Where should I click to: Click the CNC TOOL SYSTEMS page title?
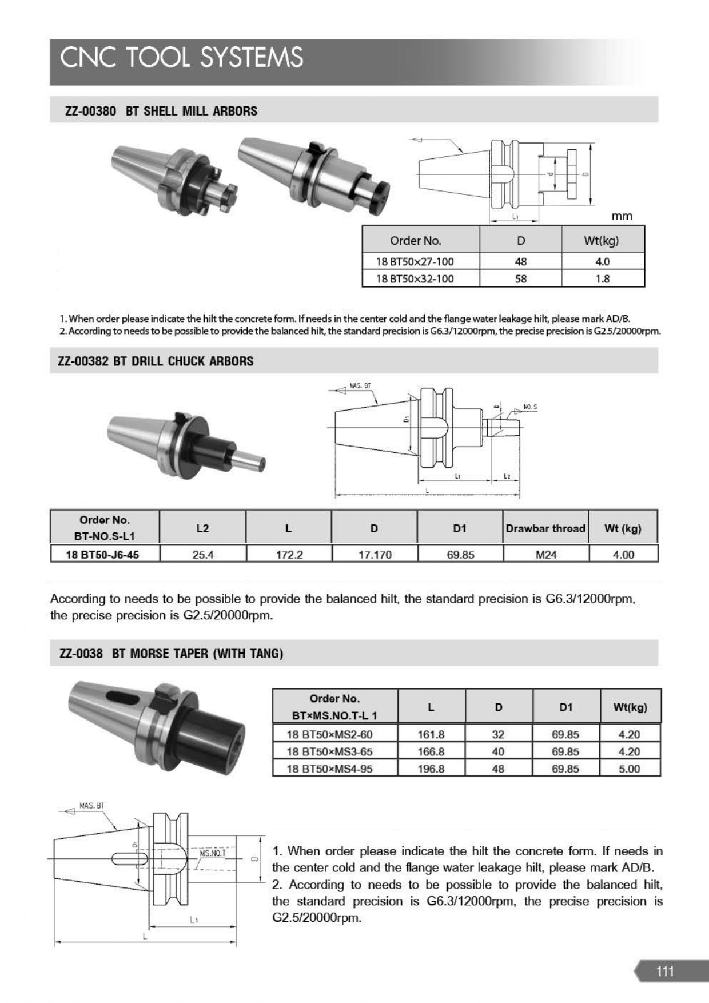pos(181,58)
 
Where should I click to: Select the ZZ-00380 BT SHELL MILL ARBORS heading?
pos(161,111)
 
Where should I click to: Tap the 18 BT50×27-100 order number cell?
pos(415,262)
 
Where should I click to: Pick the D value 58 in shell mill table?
pos(521,279)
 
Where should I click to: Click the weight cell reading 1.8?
pos(603,279)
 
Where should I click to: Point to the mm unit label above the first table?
pos(622,216)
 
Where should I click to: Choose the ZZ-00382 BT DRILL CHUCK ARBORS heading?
pos(156,361)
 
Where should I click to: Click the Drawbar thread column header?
pos(545,528)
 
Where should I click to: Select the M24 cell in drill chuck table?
pos(546,555)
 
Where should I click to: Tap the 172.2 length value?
pos(289,555)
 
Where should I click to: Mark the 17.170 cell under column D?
pos(375,555)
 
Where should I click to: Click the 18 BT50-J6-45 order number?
pos(102,555)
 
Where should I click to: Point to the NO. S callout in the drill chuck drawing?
pos(530,407)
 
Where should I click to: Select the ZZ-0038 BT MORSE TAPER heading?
pos(172,654)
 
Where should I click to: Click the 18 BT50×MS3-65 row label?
pos(329,751)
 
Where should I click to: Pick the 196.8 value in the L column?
pos(431,769)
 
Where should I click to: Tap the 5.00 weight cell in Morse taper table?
pos(630,769)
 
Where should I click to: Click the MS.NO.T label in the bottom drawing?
pos(213,853)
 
